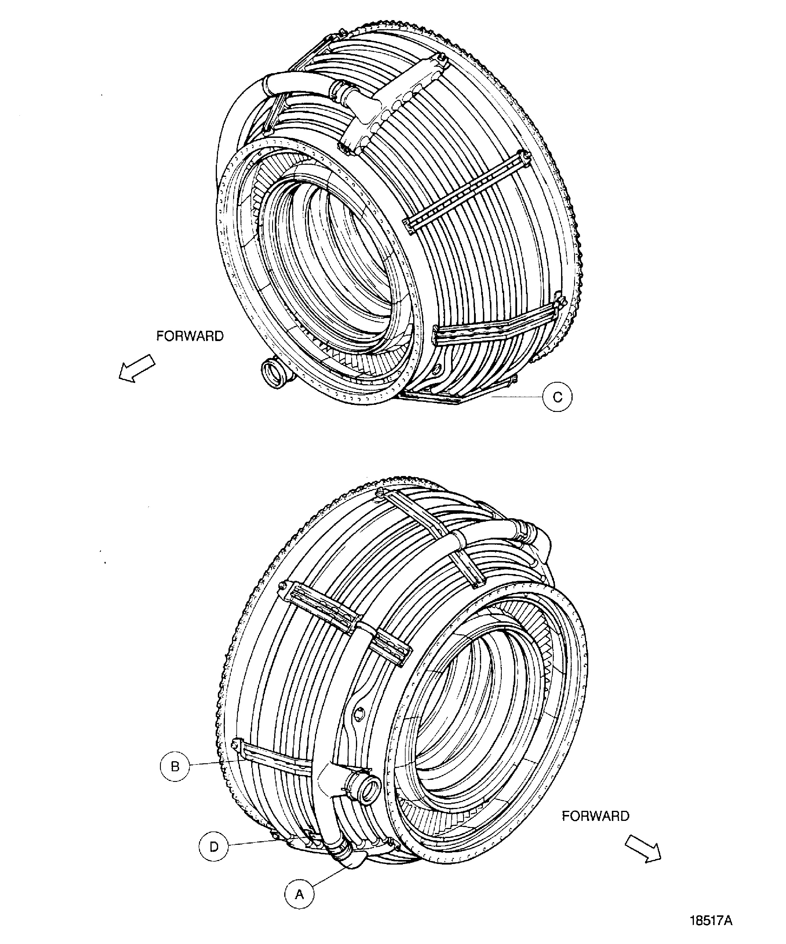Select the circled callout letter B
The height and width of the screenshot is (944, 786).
[175, 766]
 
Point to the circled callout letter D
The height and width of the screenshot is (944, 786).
[214, 847]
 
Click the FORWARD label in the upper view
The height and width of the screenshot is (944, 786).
[190, 336]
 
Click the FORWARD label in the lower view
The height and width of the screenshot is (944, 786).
[595, 816]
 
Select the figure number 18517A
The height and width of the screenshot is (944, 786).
[711, 921]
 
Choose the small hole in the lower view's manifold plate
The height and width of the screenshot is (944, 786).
[359, 714]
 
